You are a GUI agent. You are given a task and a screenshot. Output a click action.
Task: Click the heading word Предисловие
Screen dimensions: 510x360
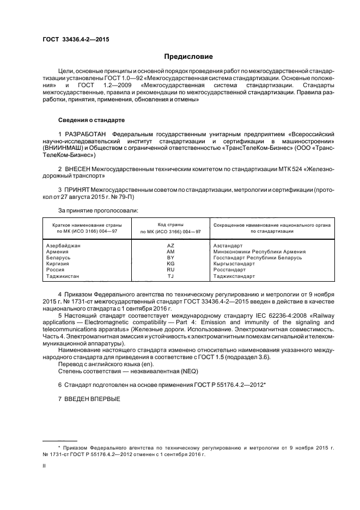pos(188,57)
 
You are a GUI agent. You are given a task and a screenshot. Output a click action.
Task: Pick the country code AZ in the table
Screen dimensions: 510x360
pos(170,246)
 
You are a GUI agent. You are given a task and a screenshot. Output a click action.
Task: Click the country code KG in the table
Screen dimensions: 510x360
pos(170,264)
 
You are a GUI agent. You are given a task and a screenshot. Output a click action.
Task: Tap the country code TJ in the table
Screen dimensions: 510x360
pos(170,276)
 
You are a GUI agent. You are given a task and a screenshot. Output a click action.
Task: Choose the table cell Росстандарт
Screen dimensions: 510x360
pos(230,270)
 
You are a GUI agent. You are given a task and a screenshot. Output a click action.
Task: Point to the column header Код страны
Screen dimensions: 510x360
pos(170,224)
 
